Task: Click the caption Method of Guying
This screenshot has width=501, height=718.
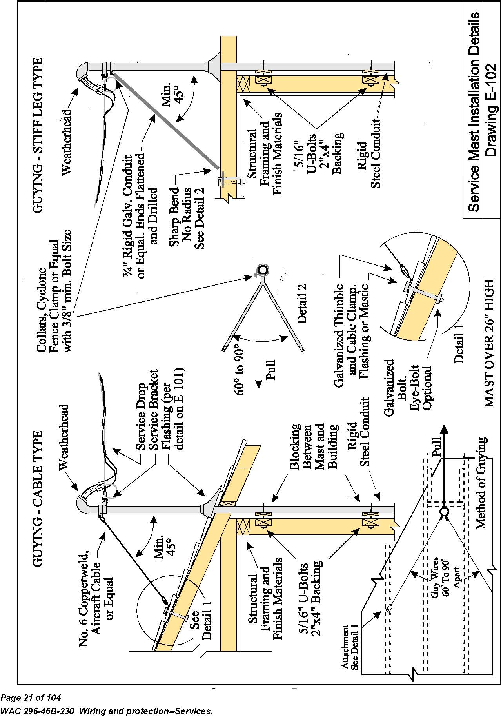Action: click(481, 483)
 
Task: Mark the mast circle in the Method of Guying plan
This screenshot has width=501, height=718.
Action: click(444, 512)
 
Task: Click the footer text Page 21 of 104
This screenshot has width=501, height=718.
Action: click(31, 698)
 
